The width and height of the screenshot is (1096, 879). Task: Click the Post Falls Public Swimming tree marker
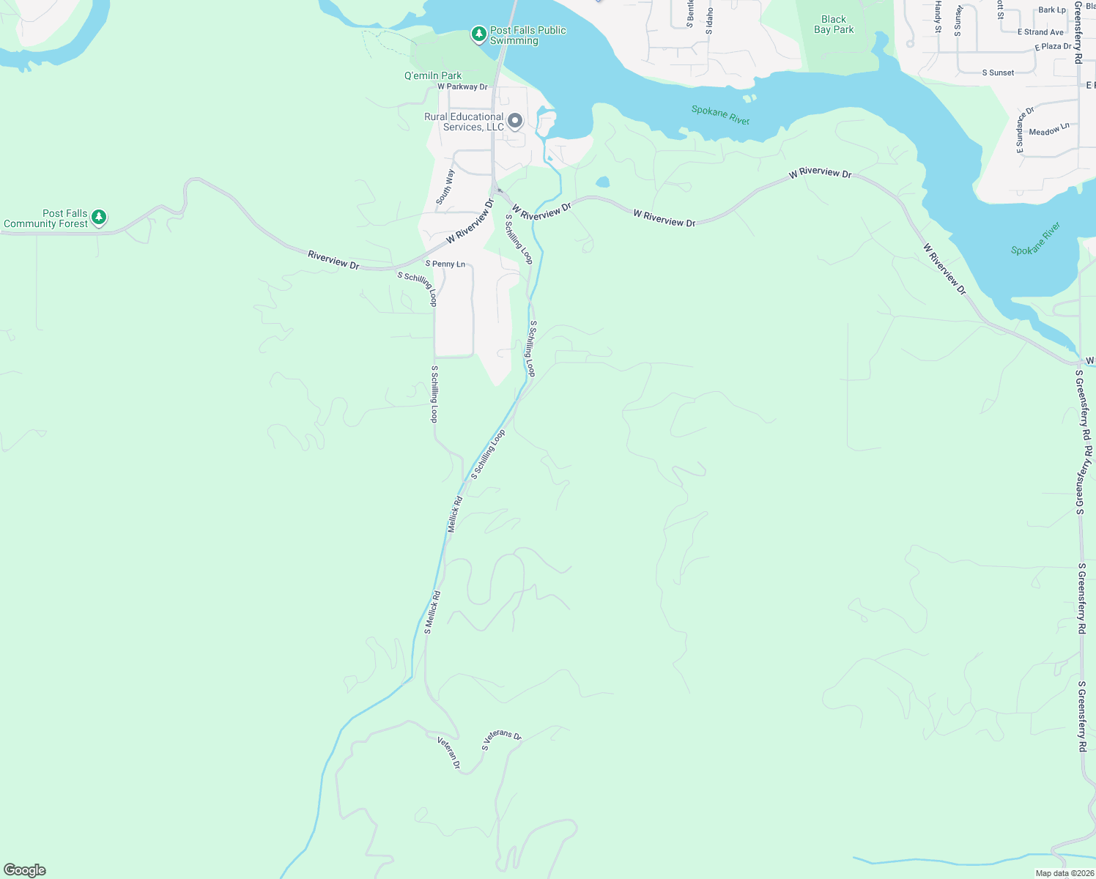pos(478,34)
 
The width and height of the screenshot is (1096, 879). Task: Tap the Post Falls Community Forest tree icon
pos(99,218)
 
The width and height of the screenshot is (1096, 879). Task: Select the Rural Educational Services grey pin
pos(515,121)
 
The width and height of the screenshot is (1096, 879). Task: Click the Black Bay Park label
pos(834,25)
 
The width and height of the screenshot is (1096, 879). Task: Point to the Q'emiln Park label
pos(433,75)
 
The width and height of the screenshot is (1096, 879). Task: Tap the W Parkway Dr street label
pos(462,86)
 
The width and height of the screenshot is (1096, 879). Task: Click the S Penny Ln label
pos(445,264)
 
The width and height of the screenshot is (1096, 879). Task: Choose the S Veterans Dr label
pos(501,741)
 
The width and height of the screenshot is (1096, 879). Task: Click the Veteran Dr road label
pos(449,752)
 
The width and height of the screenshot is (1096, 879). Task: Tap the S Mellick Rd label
pos(432,612)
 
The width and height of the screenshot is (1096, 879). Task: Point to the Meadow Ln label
pos(1049,130)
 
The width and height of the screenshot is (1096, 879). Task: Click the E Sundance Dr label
pos(1024,130)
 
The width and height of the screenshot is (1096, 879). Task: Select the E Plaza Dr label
pos(1053,46)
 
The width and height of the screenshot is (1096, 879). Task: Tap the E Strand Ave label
pos(1040,32)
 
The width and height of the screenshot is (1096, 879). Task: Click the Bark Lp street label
pos(1052,10)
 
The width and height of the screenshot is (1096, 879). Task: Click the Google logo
pos(25,870)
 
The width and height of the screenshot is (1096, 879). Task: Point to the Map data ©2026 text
pos(1064,873)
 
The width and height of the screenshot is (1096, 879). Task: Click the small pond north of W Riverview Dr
pos(602,182)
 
